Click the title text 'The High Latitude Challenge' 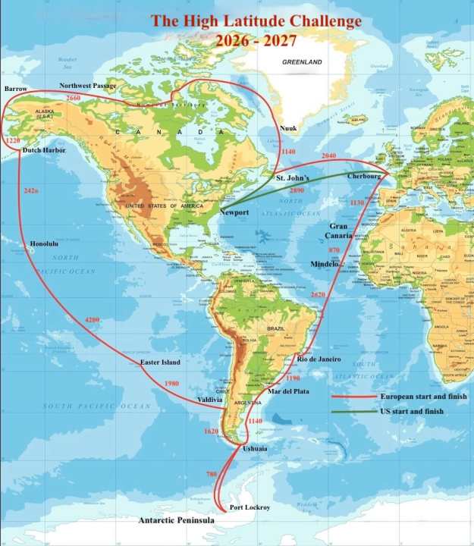[x=256, y=21]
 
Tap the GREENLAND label [x=302, y=62]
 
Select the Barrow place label [x=16, y=89]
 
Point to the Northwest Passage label [x=88, y=86]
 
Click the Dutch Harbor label [x=45, y=150]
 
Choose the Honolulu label [x=44, y=243]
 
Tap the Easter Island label [x=161, y=362]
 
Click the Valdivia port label [x=209, y=399]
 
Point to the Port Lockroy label [x=251, y=507]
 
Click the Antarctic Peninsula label [x=176, y=521]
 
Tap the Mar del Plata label [x=288, y=391]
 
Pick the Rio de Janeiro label [x=319, y=359]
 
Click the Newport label [x=234, y=212]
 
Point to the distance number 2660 [x=74, y=99]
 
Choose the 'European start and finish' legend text [x=423, y=397]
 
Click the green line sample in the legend [x=353, y=412]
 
